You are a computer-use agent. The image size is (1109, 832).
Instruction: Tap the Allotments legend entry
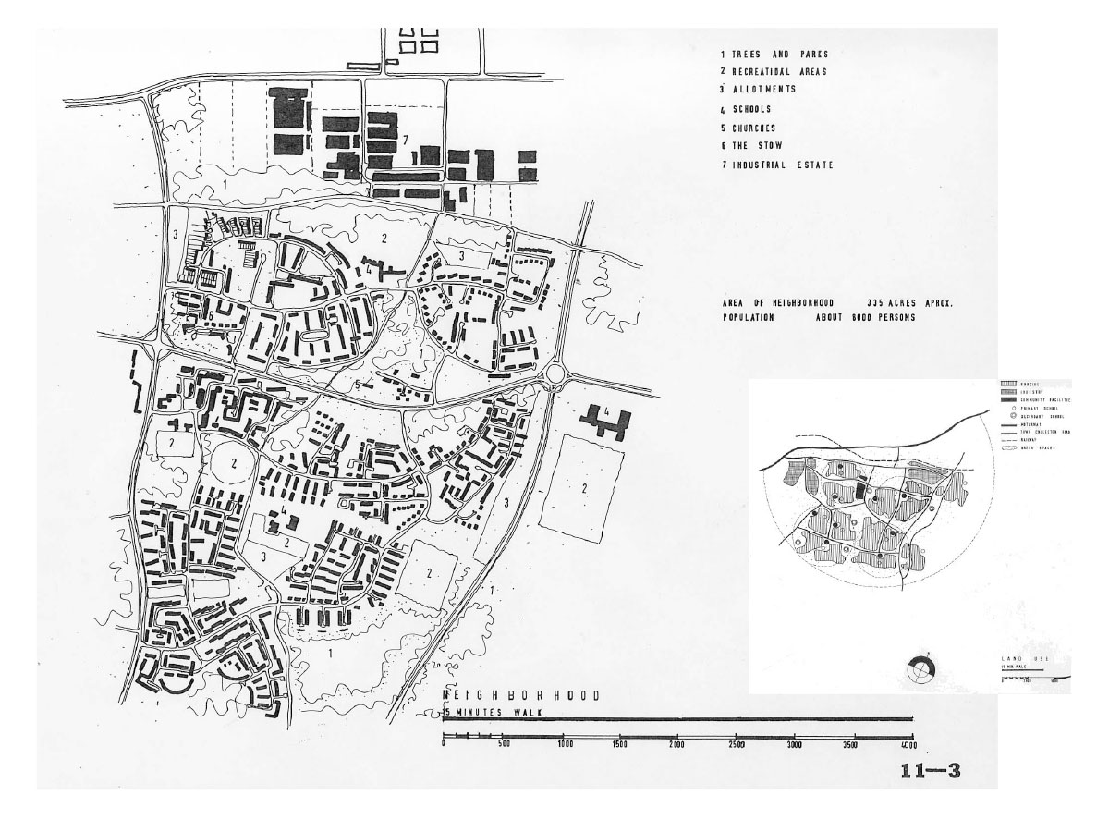pyautogui.click(x=758, y=90)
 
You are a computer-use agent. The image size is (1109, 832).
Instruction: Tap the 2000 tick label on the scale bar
pyautogui.click(x=677, y=744)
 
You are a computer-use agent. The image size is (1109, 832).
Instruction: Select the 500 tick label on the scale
pyautogui.click(x=503, y=744)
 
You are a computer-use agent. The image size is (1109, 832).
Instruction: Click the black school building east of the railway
pyautogui.click(x=605, y=421)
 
